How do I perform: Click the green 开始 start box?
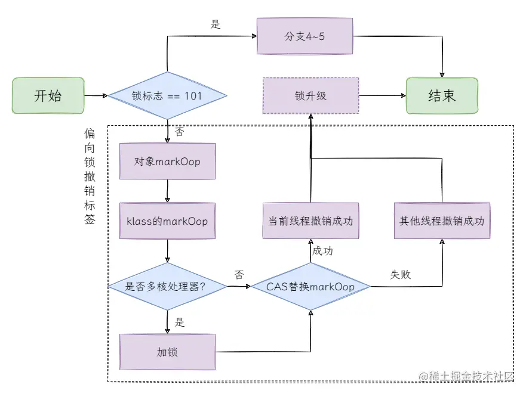pos(48,95)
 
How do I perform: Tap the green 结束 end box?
pos(442,95)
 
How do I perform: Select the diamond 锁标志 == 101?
pos(167,95)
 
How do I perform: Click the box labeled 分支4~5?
pos(304,36)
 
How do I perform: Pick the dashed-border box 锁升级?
pos(310,95)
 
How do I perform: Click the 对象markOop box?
pos(167,161)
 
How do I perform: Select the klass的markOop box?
pos(167,221)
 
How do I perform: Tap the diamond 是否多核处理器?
pos(167,287)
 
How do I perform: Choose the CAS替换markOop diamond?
pos(310,287)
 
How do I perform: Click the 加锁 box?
pos(167,352)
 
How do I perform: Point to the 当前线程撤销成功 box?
pos(310,221)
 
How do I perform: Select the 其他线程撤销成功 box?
pos(442,221)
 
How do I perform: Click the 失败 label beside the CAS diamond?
pos(401,275)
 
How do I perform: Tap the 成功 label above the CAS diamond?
pos(323,251)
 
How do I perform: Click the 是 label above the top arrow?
pos(216,24)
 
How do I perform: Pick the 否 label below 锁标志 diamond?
pos(179,132)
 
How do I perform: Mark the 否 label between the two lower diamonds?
pos(239,275)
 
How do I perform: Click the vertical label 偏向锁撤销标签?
pos(90,176)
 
